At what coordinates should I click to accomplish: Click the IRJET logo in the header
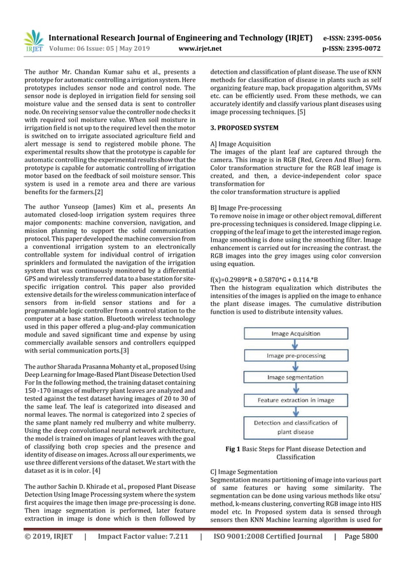(x=31, y=41)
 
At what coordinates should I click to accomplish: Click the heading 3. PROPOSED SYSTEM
(x=244, y=128)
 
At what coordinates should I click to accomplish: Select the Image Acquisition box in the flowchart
(x=296, y=333)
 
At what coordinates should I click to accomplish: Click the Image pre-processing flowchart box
(x=296, y=356)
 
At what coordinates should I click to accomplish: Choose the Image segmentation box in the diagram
(x=296, y=378)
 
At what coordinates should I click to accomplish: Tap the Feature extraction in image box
(x=296, y=400)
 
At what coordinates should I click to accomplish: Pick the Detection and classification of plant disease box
(x=296, y=427)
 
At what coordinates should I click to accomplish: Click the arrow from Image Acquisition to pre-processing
(x=296, y=344)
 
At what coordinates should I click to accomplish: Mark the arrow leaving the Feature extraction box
(x=296, y=411)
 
